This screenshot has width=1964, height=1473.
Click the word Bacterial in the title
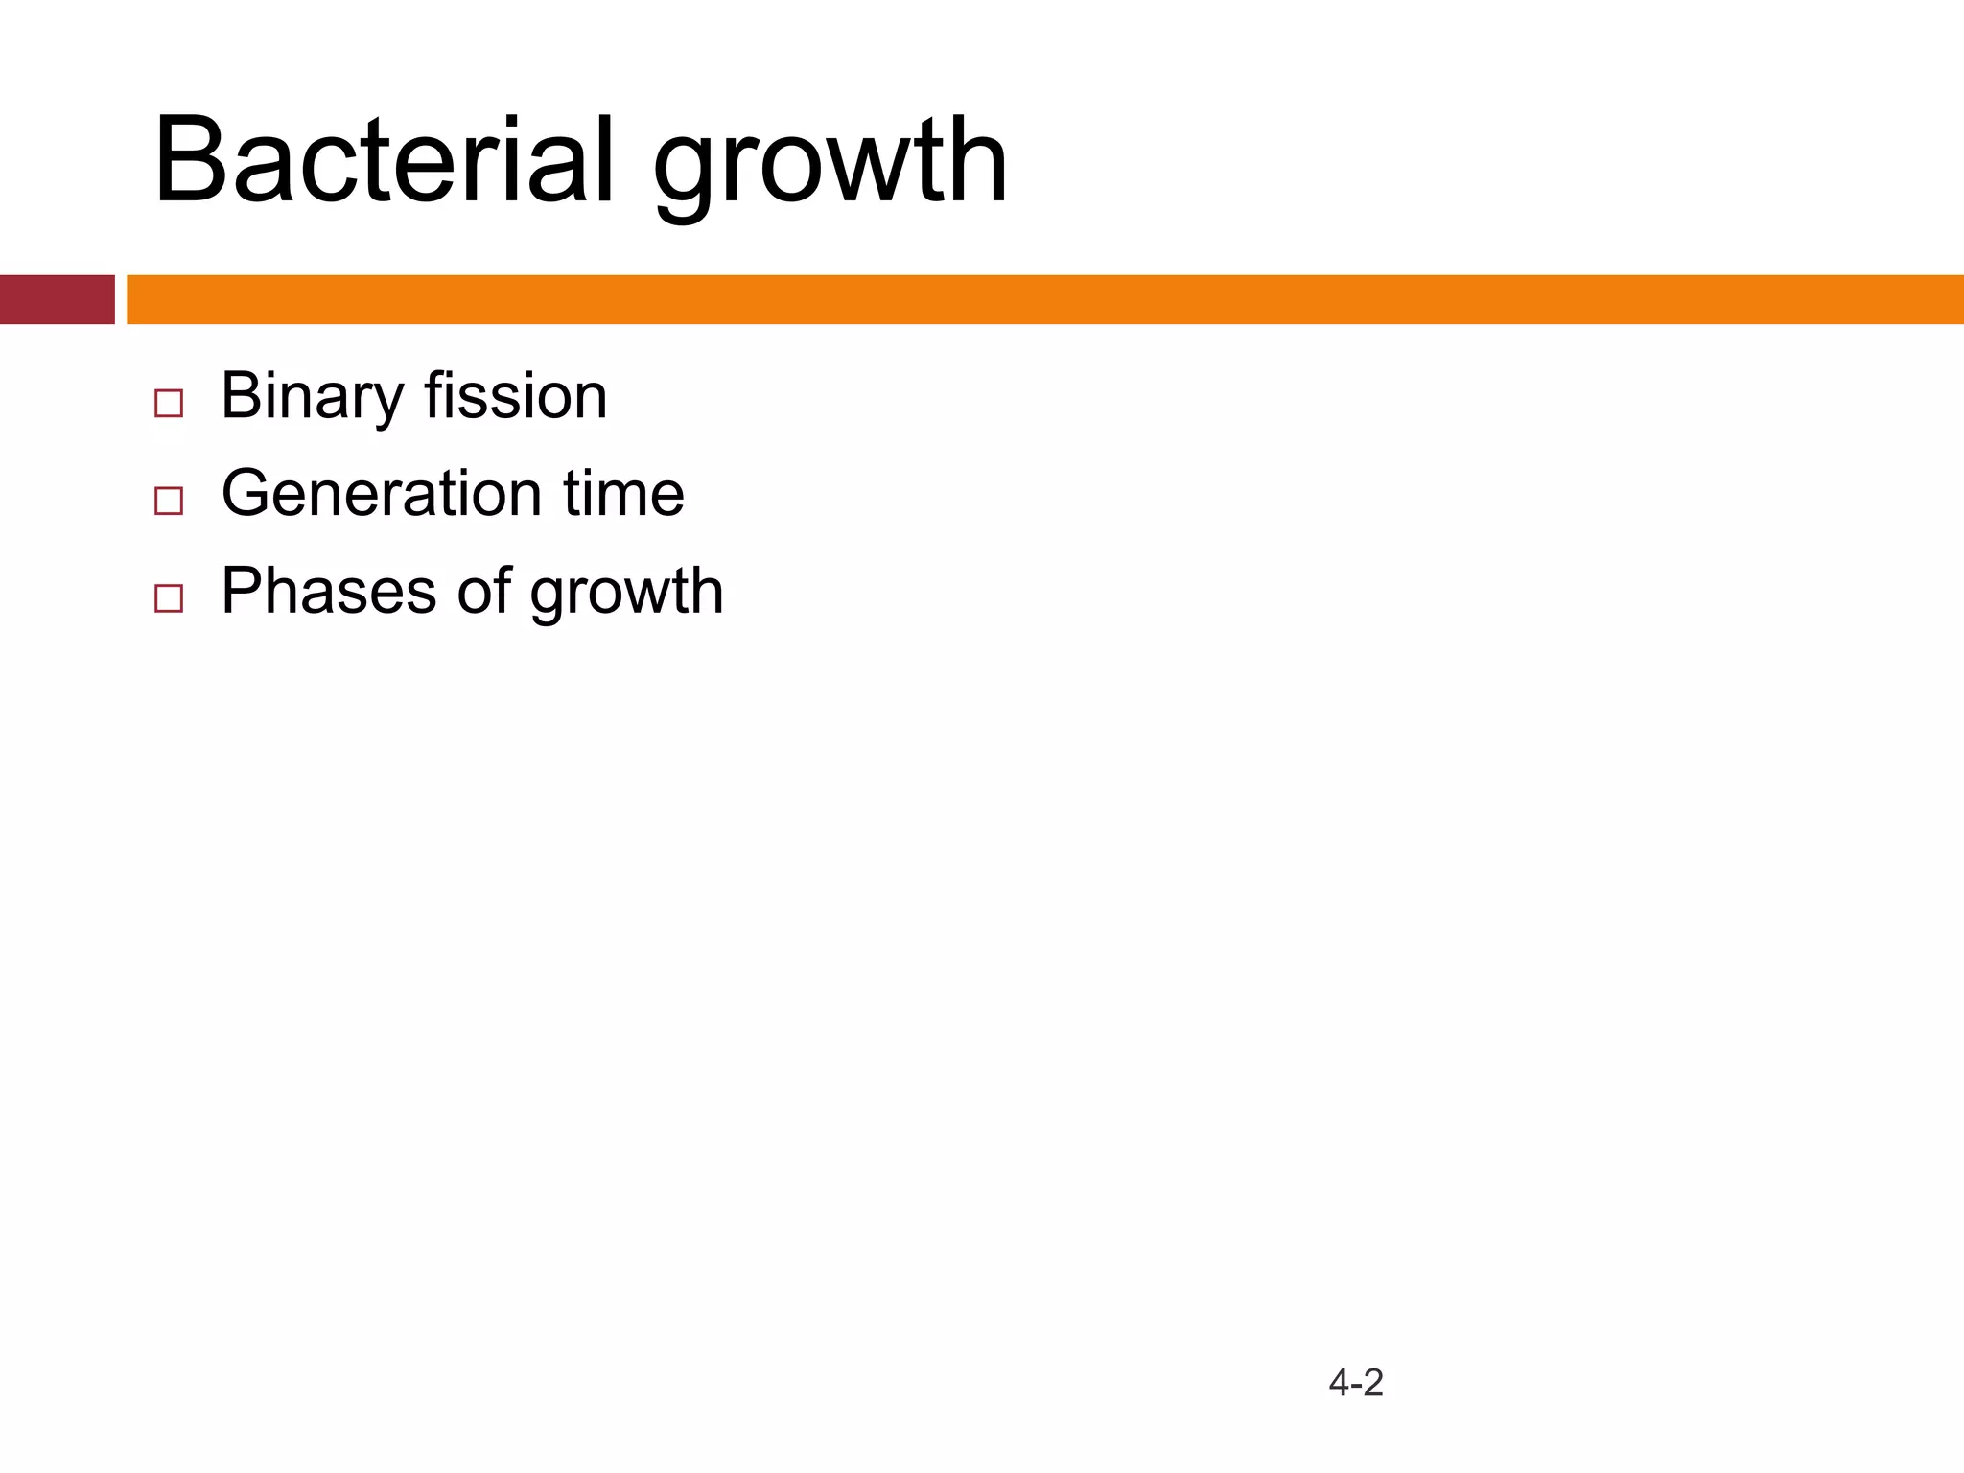click(x=382, y=161)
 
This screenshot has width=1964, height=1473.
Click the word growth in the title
click(x=830, y=163)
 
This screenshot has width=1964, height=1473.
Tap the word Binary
click(x=313, y=397)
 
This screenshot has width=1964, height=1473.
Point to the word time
click(x=623, y=493)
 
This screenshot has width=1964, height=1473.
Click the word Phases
click(x=329, y=591)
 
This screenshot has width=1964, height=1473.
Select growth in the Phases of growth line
click(x=626, y=593)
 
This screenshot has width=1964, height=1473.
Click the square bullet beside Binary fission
click(x=169, y=403)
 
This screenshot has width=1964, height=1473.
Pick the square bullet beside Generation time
click(x=169, y=501)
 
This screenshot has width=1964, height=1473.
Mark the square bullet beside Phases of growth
click(x=169, y=598)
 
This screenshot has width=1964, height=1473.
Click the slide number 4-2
click(x=1356, y=1383)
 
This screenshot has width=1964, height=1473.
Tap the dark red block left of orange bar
click(x=57, y=299)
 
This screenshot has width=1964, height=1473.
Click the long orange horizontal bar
click(x=1045, y=299)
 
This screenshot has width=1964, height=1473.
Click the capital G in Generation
click(x=249, y=493)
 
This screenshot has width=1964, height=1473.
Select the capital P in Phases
click(x=243, y=591)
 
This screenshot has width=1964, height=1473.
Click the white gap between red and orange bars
click(x=121, y=299)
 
